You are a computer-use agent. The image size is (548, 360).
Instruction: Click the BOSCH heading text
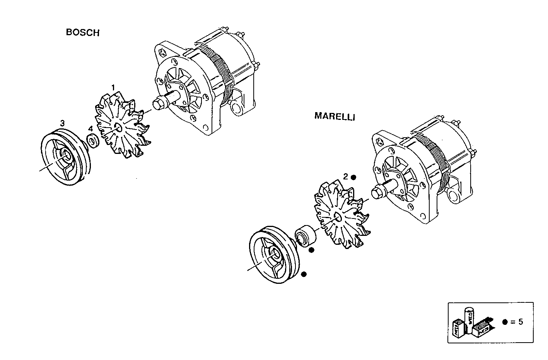pos(82,32)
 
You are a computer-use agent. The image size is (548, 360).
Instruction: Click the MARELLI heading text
pos(335,116)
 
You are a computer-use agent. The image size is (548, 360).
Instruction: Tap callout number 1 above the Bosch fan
pos(113,87)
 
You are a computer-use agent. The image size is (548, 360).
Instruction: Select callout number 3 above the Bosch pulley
pos(62,123)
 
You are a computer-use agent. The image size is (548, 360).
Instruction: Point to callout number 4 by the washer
pos(90,129)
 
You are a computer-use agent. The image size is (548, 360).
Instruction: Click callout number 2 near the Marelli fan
pos(346,177)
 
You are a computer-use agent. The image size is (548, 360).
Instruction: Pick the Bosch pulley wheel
pos(65,159)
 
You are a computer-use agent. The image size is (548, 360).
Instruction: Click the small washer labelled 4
pos(93,141)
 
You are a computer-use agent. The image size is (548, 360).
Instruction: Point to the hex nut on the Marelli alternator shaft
pos(377,193)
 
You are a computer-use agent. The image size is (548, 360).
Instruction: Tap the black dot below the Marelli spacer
pos(311,250)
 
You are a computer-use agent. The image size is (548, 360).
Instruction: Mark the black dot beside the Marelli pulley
pos(304,274)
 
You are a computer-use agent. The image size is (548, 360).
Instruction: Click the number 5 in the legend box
pos(521,322)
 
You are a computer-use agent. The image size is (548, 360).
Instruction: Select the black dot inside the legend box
pos(505,322)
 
